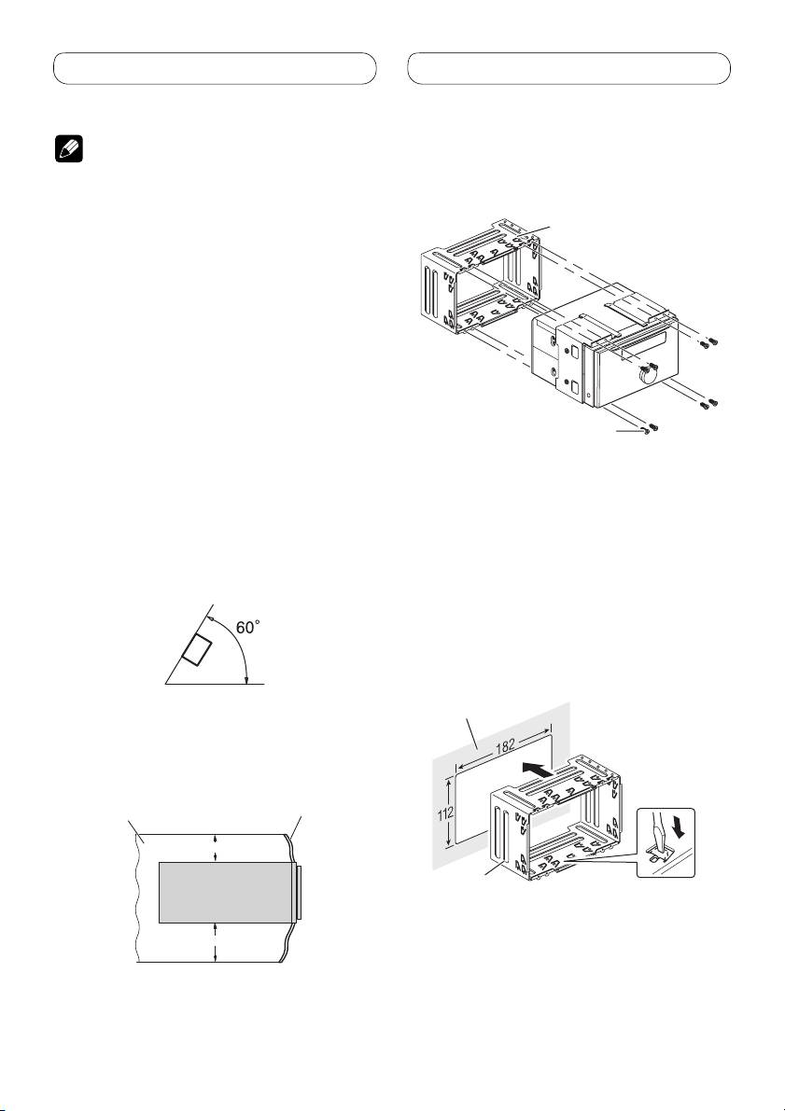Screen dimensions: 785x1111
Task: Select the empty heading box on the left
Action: (x=215, y=68)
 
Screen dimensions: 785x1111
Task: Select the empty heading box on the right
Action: (x=568, y=68)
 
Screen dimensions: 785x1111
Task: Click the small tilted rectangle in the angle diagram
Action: (x=196, y=649)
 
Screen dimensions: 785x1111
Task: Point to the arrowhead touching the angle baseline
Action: (x=245, y=680)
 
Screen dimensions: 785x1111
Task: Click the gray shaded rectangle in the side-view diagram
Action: (x=226, y=893)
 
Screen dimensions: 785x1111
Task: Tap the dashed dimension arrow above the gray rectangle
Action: (x=215, y=848)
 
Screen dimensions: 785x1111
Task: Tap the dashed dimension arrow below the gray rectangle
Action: (x=215, y=943)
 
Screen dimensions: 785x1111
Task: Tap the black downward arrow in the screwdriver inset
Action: (x=680, y=829)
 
